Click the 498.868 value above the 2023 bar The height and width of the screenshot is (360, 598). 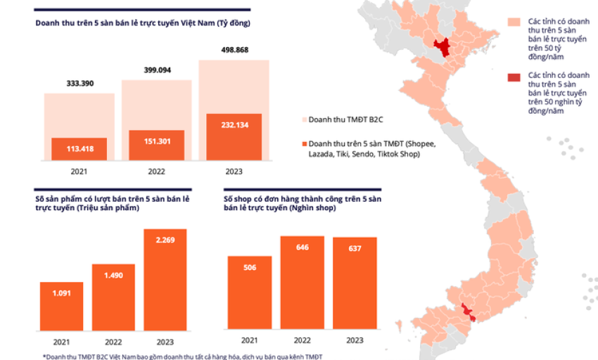(234, 50)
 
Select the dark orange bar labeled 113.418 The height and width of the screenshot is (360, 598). (79, 149)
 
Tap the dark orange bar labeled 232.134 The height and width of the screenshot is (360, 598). (234, 137)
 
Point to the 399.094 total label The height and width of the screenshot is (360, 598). (157, 70)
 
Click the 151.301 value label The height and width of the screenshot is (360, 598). (157, 141)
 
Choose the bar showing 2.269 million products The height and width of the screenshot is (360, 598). (165, 280)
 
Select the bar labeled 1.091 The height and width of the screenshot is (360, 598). (61, 307)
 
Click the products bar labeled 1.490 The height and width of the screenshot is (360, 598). (113, 297)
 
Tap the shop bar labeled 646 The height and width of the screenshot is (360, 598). (303, 282)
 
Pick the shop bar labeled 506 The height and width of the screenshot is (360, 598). (250, 292)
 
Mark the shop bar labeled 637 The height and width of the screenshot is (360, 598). (355, 283)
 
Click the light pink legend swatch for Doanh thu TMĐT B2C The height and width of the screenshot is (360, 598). (305, 120)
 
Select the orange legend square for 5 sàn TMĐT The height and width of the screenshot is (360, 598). (305, 143)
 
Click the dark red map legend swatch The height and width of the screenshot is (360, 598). (514, 78)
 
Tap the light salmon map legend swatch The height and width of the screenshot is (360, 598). (514, 22)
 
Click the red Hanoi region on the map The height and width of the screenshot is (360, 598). (443, 47)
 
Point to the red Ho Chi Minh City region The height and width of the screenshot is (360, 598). (467, 312)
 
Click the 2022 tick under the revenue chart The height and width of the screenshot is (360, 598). (156, 172)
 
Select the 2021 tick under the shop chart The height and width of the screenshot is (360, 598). (250, 340)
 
